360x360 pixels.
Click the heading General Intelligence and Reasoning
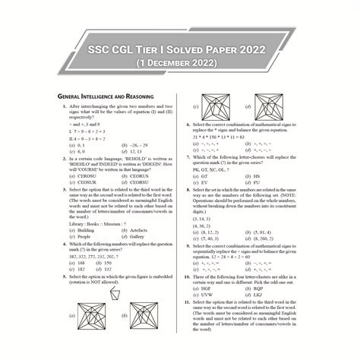pos(106,97)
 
